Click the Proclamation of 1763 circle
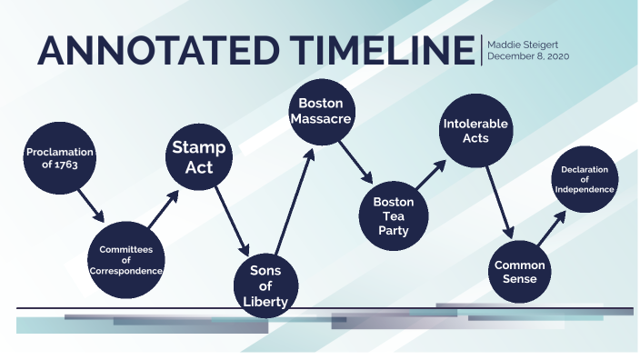point(60,157)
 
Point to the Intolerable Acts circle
point(475,131)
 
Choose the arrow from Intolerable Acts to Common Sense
point(499,201)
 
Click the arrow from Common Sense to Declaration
point(551,226)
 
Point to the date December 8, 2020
point(528,56)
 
